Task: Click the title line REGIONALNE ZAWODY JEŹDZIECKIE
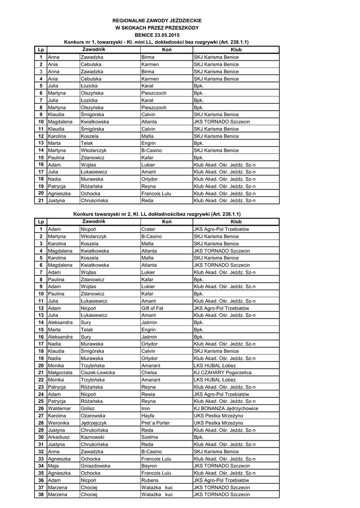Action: click(x=157, y=20)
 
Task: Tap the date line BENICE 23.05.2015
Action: click(x=157, y=35)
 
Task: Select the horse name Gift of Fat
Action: click(x=152, y=308)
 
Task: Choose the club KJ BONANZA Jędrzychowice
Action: click(x=226, y=408)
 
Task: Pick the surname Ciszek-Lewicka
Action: click(x=98, y=373)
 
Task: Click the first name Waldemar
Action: click(x=60, y=408)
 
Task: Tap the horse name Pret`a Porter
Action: click(x=155, y=423)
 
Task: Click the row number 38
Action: click(x=41, y=495)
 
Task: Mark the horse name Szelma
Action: click(x=149, y=437)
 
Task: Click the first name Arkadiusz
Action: click(x=60, y=437)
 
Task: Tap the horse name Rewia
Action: click(x=148, y=394)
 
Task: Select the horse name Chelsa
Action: click(x=149, y=373)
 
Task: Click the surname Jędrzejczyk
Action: click(x=94, y=423)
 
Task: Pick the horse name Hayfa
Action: click(x=148, y=416)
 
